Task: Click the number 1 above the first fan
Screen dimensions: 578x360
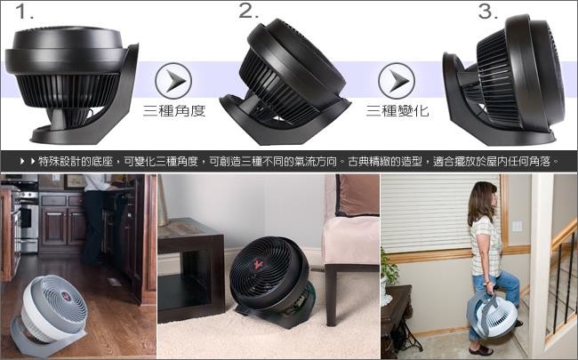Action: [24, 12]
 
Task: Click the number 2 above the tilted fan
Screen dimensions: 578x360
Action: [248, 11]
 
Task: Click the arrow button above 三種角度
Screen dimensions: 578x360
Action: [173, 81]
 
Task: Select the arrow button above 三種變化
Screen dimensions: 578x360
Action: [397, 81]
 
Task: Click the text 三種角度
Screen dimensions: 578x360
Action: [174, 111]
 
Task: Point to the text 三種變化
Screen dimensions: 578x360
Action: [397, 111]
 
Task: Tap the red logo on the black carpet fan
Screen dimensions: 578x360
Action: [258, 264]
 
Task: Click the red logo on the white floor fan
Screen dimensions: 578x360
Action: [66, 295]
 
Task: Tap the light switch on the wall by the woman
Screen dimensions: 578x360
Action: [517, 227]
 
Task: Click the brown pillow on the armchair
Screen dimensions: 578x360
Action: [357, 196]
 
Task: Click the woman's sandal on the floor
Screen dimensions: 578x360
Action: [481, 350]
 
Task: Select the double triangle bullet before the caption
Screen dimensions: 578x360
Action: [28, 161]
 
